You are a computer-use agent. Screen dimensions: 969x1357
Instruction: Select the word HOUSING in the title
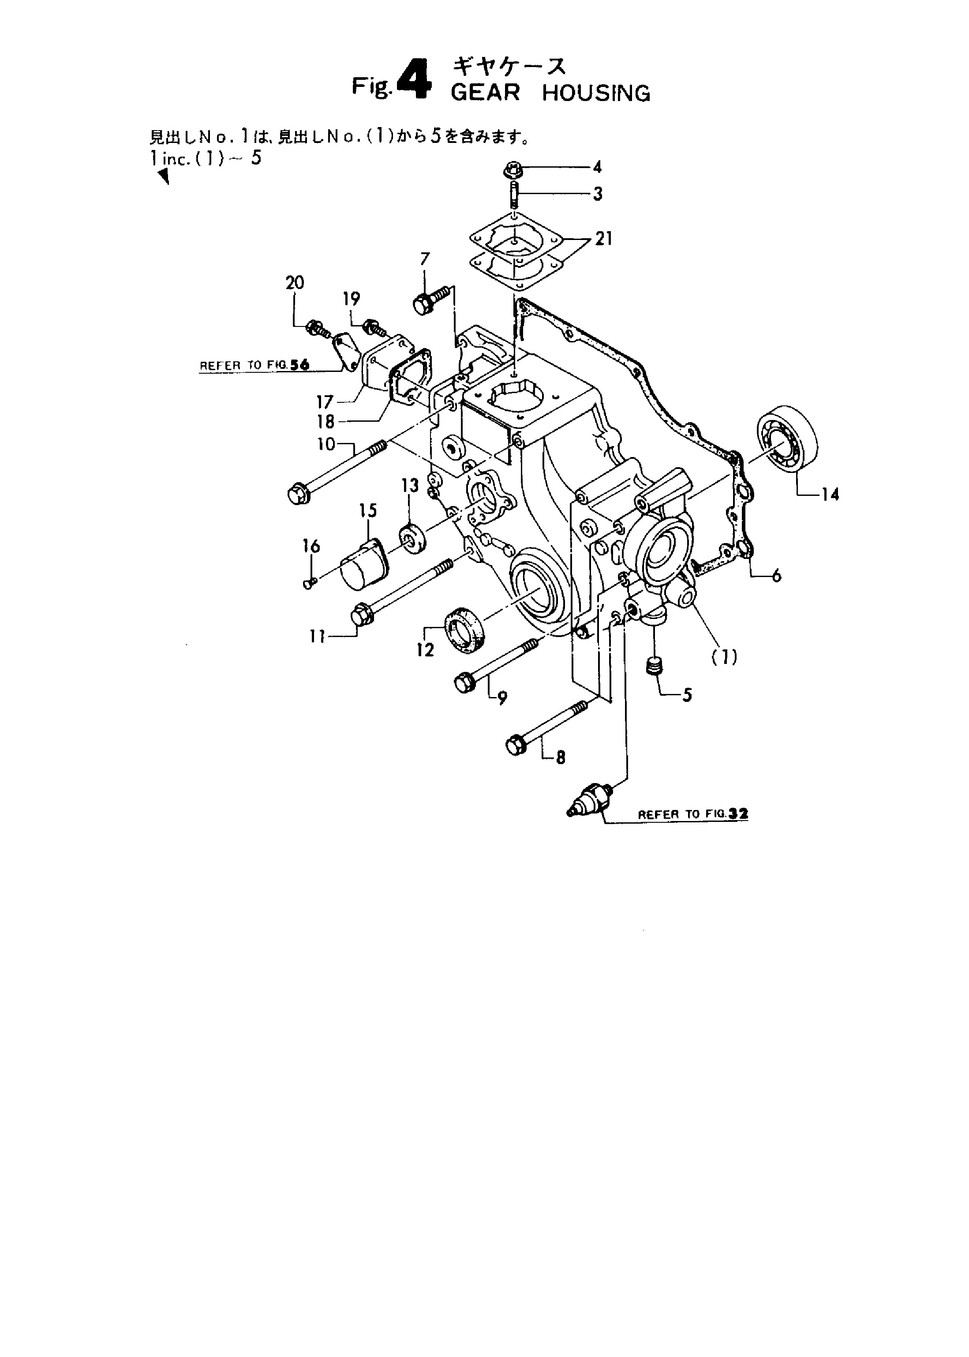click(596, 93)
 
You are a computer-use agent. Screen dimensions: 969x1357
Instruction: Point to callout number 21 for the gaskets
click(604, 239)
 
